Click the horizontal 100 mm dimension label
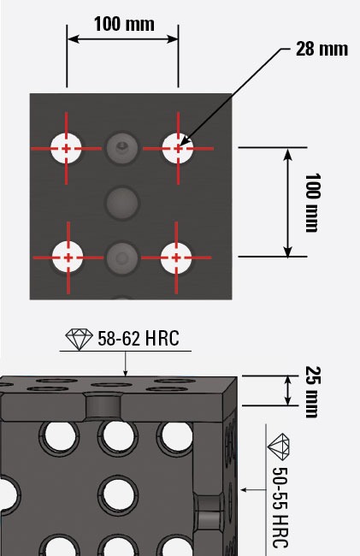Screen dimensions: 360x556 124,24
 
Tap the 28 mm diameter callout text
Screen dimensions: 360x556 322,49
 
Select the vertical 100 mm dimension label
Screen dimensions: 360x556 312,203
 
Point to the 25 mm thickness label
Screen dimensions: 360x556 313,392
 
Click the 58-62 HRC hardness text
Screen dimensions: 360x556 139,338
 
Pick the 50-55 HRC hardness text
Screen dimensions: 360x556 280,507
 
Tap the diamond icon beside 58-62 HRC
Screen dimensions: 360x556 79,339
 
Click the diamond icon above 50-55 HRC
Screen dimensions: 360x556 279,447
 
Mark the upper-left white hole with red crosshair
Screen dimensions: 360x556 66,149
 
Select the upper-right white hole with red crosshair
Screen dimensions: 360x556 178,149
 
